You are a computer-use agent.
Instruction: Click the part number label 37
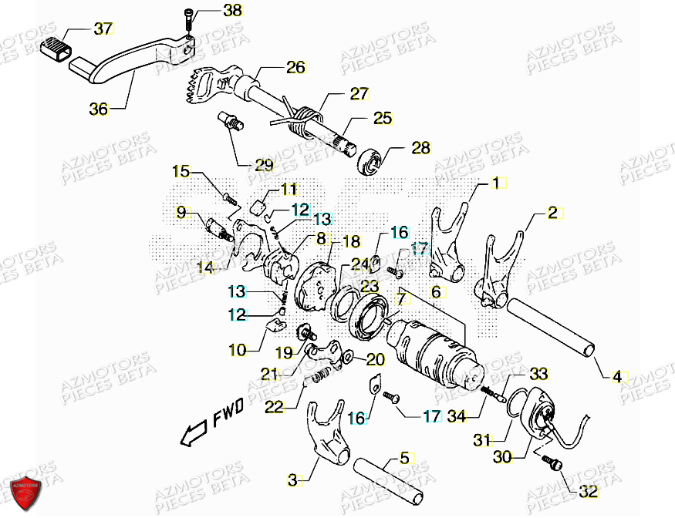coord(103,29)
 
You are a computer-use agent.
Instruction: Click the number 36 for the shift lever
coord(99,109)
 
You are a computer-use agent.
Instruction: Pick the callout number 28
coord(420,149)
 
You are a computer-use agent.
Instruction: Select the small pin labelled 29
coord(231,120)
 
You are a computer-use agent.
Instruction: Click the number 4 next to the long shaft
coord(616,377)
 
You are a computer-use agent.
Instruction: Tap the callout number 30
coord(502,457)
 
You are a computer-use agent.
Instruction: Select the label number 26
coord(295,67)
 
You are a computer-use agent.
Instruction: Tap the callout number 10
coord(238,350)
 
